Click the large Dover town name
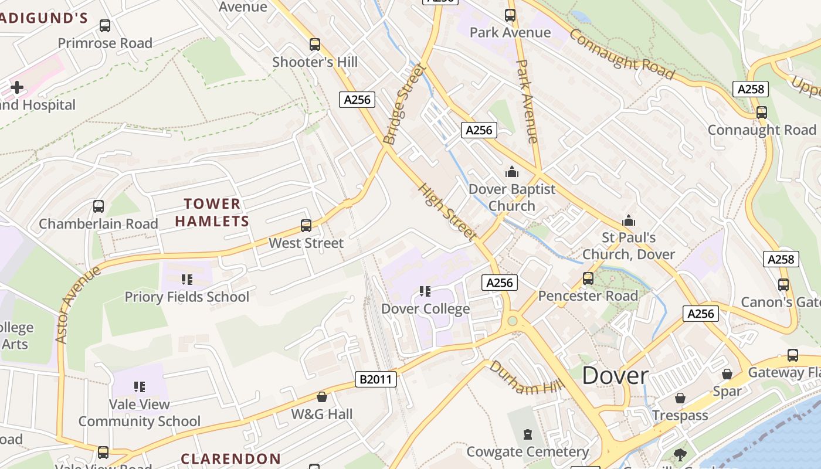[x=615, y=376]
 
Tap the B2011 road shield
[x=376, y=379]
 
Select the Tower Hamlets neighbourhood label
[x=212, y=212]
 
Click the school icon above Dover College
[x=425, y=291]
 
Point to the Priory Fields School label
[x=187, y=297]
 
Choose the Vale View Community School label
[x=140, y=413]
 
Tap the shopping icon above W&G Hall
[x=321, y=397]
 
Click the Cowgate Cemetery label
[x=527, y=451]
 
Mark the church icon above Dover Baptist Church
[x=512, y=172]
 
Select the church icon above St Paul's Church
[x=629, y=221]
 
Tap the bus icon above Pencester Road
[x=588, y=278]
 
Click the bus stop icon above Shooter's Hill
[x=315, y=45]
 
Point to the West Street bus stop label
[x=306, y=243]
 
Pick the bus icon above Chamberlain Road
[x=99, y=206]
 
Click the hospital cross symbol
[x=17, y=88]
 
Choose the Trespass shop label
[x=680, y=416]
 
